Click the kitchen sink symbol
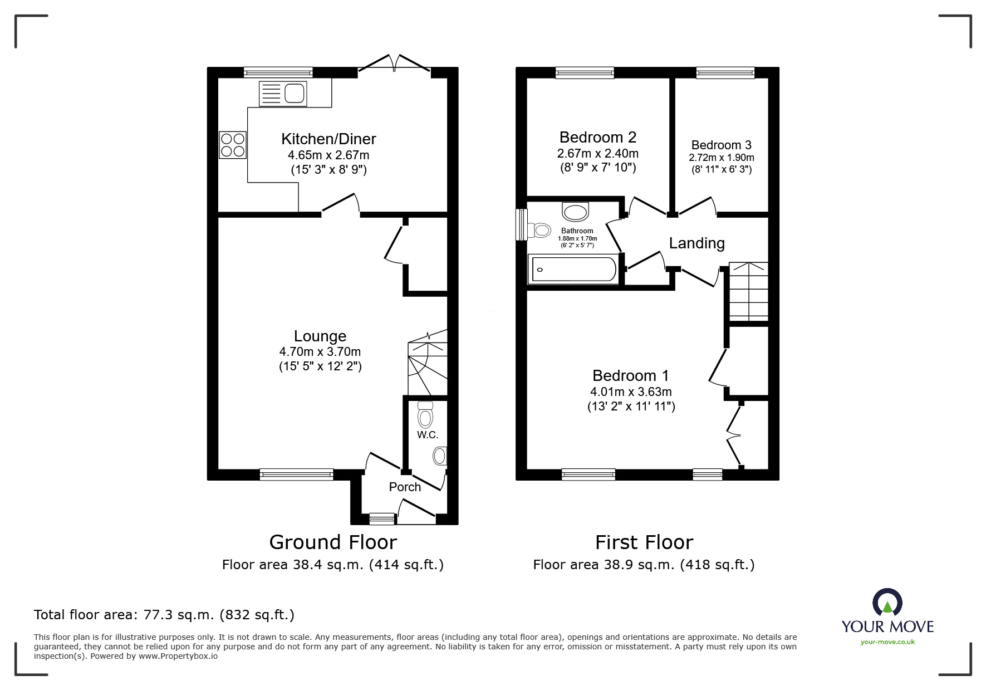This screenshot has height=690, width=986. pos(283,93)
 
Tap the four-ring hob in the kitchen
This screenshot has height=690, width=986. pos(232,144)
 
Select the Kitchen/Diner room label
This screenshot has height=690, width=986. pos(328,139)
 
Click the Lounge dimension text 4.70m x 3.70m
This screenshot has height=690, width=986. pos(320,352)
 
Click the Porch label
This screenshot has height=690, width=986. pos(405,487)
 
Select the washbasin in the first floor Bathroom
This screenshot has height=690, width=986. pos(576,212)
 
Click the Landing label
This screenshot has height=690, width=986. pos(696,243)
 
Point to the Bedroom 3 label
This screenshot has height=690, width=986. pos(721,145)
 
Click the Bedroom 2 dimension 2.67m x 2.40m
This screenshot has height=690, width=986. pos(597,153)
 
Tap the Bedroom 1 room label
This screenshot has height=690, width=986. pos(630,375)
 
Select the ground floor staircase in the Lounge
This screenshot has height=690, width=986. pos(428,362)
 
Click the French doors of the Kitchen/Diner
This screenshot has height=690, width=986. pos(394,63)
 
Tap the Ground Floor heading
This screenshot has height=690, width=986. pos(333,542)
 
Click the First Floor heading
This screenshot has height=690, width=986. pos(644,542)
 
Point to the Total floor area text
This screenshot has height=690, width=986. pos(164,615)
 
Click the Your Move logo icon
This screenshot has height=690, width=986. pos(887,603)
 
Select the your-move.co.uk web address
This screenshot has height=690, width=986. pos(887,642)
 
